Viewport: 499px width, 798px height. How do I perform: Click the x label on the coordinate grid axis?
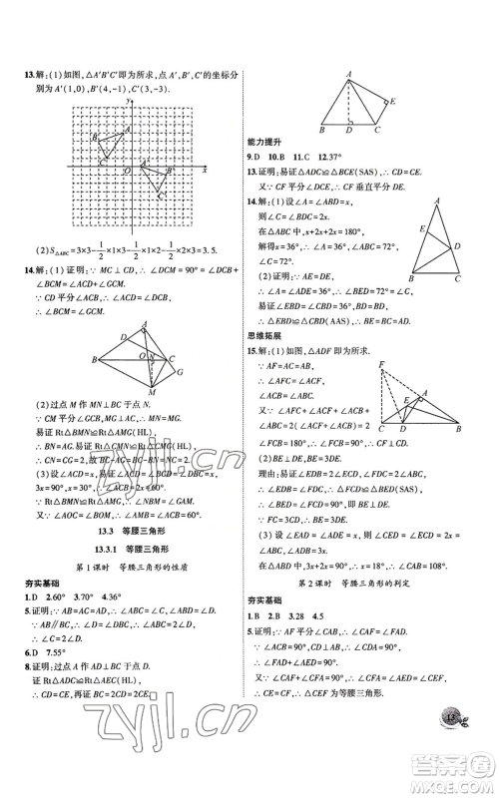pyautogui.click(x=204, y=171)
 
